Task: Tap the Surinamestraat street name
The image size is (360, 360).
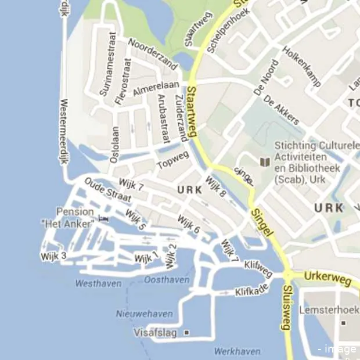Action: [x=108, y=63]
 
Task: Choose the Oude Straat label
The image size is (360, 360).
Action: [x=107, y=190]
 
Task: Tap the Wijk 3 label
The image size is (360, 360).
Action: [x=53, y=255]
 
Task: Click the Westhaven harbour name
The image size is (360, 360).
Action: [x=99, y=283]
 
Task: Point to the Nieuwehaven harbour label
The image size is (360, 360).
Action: [x=145, y=314]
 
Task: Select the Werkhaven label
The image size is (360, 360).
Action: [x=237, y=351]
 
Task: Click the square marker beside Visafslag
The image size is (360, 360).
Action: [x=186, y=333]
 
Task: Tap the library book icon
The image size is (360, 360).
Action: [x=265, y=161]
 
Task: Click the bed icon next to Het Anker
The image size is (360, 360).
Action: [x=104, y=219]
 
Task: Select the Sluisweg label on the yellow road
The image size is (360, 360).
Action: [x=286, y=308]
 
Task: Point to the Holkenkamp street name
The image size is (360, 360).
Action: [x=301, y=67]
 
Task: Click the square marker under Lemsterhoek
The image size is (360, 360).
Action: [x=344, y=323]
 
